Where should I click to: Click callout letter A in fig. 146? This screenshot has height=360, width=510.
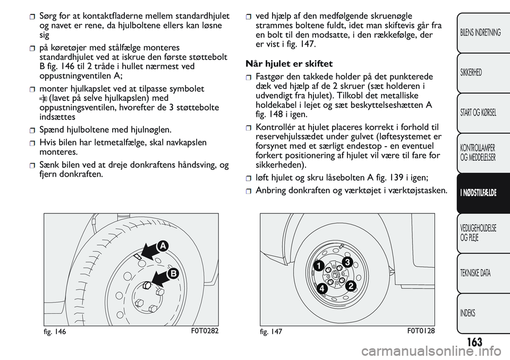(x=162, y=245)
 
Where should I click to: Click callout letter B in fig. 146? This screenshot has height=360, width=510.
(x=173, y=273)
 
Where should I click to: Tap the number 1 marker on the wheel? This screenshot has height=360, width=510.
(x=317, y=265)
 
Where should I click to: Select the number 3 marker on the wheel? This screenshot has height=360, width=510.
(x=346, y=262)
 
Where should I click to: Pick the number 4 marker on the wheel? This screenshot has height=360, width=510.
(x=322, y=289)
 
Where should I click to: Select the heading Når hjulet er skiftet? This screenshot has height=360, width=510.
(x=290, y=64)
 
